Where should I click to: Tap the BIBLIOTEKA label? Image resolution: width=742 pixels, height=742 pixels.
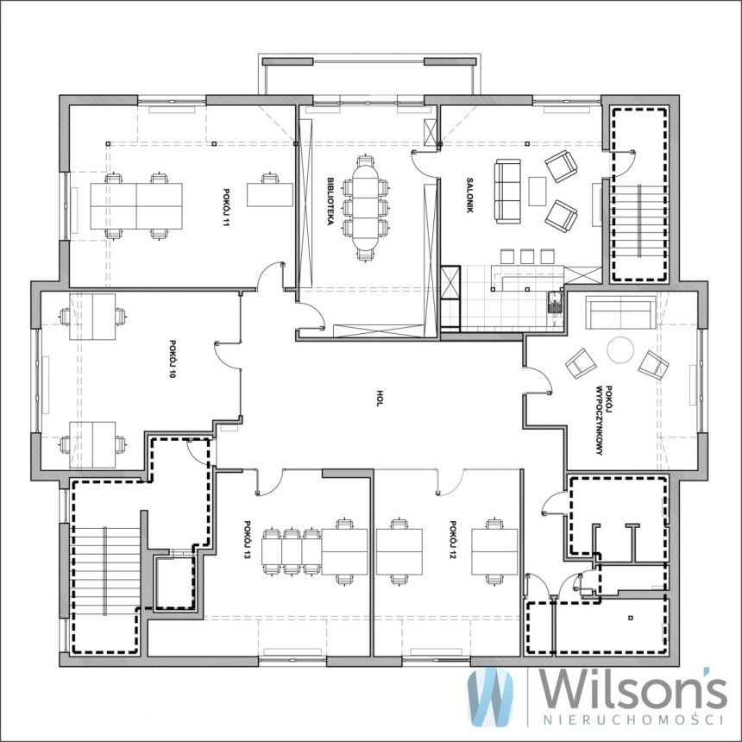[330, 201]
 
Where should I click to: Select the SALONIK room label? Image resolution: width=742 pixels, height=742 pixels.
[469, 195]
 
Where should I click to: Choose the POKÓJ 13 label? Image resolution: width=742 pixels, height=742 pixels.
[247, 540]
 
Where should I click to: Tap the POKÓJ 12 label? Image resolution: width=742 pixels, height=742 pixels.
[452, 540]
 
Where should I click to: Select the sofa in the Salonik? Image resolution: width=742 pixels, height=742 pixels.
[507, 192]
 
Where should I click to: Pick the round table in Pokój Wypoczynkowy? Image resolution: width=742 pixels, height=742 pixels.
[620, 349]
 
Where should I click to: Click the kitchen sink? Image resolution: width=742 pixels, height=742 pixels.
[555, 301]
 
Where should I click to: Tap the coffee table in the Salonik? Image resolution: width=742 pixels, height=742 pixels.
[538, 192]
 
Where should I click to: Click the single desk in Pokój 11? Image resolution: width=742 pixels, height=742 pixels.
[270, 194]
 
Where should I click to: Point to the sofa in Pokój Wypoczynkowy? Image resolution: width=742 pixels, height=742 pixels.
[621, 312]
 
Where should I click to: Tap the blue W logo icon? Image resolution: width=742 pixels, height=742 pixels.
[490, 695]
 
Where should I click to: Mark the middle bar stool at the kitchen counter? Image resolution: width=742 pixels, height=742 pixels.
[527, 256]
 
